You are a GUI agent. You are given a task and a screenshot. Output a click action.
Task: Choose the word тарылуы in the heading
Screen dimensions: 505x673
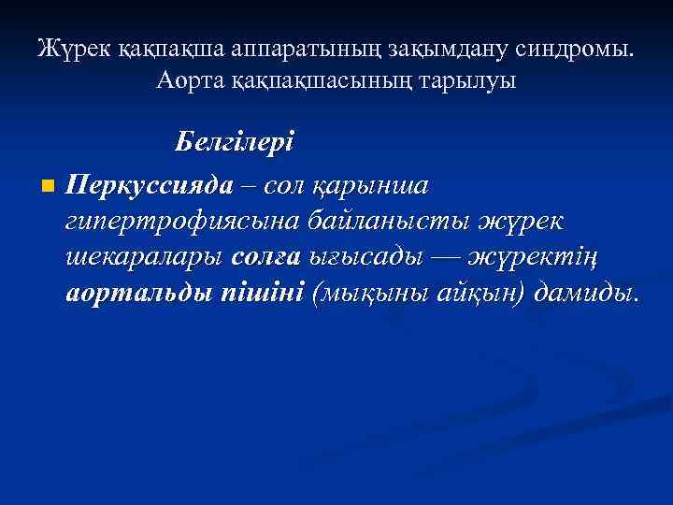(471, 81)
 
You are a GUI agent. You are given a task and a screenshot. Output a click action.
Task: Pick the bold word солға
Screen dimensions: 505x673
(265, 257)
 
